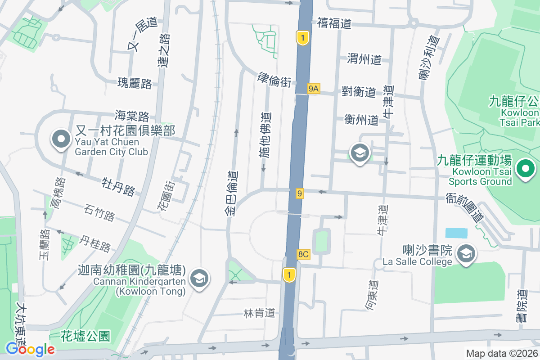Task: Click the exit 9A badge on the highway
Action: tap(314, 89)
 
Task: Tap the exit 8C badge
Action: tap(304, 254)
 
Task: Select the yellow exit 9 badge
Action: tap(300, 193)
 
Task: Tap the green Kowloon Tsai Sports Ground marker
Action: tap(525, 170)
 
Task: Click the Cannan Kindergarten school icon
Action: tap(198, 279)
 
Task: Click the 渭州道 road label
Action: tap(364, 59)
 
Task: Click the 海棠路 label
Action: tap(132, 116)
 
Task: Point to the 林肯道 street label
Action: tap(259, 313)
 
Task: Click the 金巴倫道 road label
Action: tap(233, 193)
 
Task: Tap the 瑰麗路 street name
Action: tap(135, 83)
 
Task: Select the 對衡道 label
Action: tap(359, 92)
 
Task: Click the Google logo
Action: tap(30, 349)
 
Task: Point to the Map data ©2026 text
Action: tap(501, 353)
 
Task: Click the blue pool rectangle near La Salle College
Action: tap(456, 233)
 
